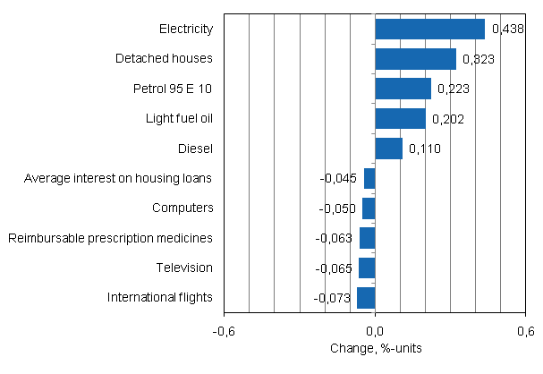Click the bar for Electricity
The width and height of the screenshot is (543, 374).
coord(429,30)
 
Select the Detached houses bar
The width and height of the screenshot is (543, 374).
coord(415,59)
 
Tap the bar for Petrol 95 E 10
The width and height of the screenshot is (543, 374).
coord(403,89)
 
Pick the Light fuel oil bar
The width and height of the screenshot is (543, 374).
coord(400,119)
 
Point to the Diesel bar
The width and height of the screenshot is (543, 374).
coord(388,149)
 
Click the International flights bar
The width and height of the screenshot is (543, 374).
coord(366,297)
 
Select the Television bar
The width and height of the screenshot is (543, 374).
coord(367,268)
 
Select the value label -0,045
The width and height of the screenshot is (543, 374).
coord(339,179)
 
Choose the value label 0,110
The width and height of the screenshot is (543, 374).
coord(424,149)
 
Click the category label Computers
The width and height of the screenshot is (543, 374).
coord(182,208)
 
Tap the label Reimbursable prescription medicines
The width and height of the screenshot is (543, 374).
coord(110,238)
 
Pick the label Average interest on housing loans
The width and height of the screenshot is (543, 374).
coord(119,178)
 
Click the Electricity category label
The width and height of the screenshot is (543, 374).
coord(186,30)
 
